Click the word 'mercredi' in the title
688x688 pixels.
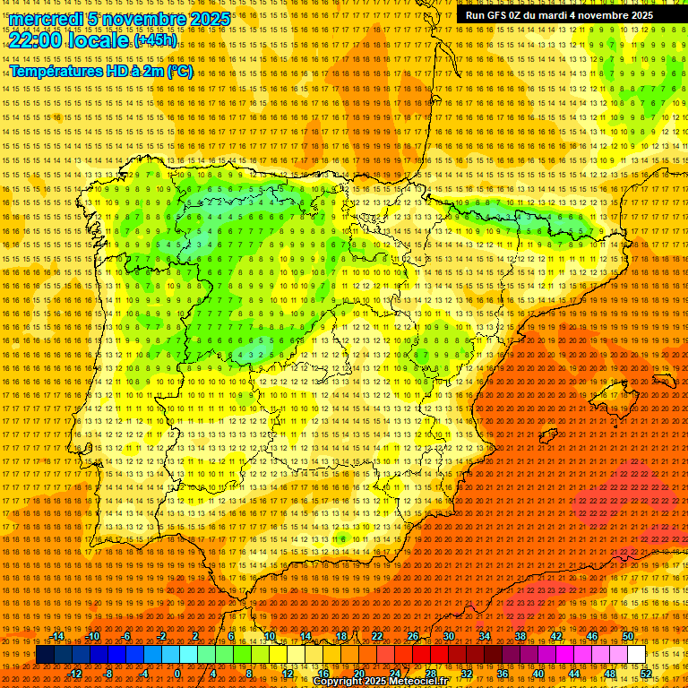46,19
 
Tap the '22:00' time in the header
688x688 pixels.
35,39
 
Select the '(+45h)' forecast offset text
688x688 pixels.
155,40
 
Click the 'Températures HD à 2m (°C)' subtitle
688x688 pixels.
100,71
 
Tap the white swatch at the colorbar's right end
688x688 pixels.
637,655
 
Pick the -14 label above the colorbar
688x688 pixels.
57,636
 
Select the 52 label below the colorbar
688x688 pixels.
647,674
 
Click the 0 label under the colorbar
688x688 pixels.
177,674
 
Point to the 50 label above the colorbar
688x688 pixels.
628,636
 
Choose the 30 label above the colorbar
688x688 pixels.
448,636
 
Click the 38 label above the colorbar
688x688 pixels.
520,636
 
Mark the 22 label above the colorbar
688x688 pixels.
376,636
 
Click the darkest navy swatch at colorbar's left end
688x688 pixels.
45,655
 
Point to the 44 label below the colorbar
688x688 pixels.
574,674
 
